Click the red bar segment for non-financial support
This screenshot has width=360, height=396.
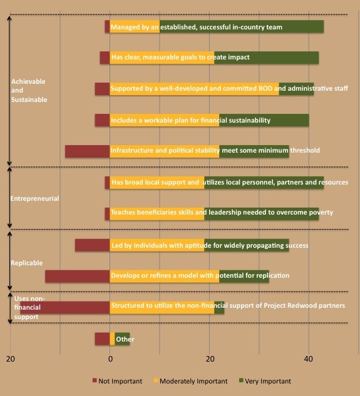pos(65,307)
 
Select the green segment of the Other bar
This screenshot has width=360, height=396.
pos(122,338)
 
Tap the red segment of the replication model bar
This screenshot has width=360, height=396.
pos(78,277)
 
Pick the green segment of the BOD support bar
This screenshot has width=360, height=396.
pos(296,89)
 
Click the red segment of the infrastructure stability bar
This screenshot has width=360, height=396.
pos(87,151)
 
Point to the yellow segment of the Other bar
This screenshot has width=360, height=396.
pos(112,338)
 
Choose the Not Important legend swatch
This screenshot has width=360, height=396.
pos(95,380)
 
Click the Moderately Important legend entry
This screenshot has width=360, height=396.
pos(191,381)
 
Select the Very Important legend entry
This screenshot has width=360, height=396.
pos(265,381)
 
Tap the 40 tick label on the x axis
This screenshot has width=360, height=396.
pos(309,359)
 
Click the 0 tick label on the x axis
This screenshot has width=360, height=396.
pos(110,359)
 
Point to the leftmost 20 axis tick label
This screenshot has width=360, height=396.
pos(11,359)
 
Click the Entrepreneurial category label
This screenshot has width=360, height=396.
pos(34,198)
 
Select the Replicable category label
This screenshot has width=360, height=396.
pos(26,263)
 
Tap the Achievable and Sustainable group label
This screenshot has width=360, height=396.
pos(29,91)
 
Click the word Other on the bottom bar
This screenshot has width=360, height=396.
pos(125,339)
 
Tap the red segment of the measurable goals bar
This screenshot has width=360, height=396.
pos(105,58)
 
